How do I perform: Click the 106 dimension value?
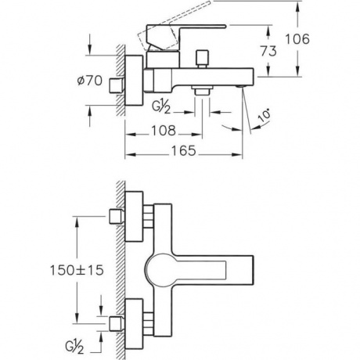[297, 39]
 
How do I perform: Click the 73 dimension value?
[268, 51]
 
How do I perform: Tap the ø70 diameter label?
[90, 81]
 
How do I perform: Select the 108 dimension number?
[164, 131]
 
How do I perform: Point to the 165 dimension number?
[183, 151]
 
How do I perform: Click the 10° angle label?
[265, 116]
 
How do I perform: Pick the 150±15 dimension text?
[77, 270]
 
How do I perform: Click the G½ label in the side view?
[161, 107]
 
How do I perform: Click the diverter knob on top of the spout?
[203, 59]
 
